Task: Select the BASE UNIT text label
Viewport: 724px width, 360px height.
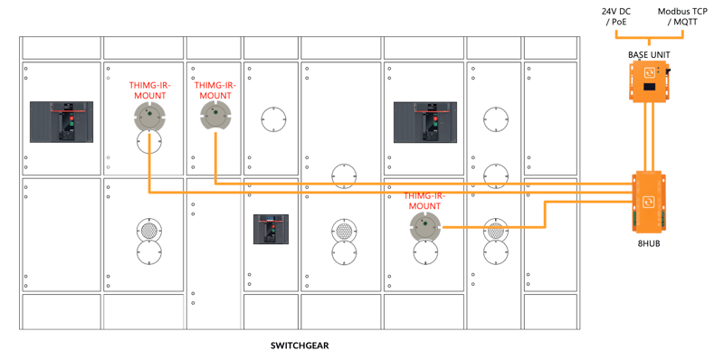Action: [649, 55]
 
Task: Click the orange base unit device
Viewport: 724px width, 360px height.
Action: [649, 81]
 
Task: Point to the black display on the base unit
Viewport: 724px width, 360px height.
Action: [649, 87]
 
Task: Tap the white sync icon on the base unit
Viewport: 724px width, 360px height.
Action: [649, 73]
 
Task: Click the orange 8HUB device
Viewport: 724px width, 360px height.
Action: [649, 201]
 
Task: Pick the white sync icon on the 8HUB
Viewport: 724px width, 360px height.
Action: [649, 202]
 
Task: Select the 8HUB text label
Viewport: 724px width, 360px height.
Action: [649, 243]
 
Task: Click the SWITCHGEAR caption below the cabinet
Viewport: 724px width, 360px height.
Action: [300, 346]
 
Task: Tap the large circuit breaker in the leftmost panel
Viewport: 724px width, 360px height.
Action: [62, 122]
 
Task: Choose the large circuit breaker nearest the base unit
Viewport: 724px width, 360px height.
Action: [425, 122]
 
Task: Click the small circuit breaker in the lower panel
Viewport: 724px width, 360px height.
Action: [271, 229]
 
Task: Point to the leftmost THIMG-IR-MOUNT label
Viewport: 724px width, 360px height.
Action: [148, 90]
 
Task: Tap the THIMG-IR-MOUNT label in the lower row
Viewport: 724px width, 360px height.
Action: [422, 201]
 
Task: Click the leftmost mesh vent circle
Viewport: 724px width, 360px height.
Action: [149, 230]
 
